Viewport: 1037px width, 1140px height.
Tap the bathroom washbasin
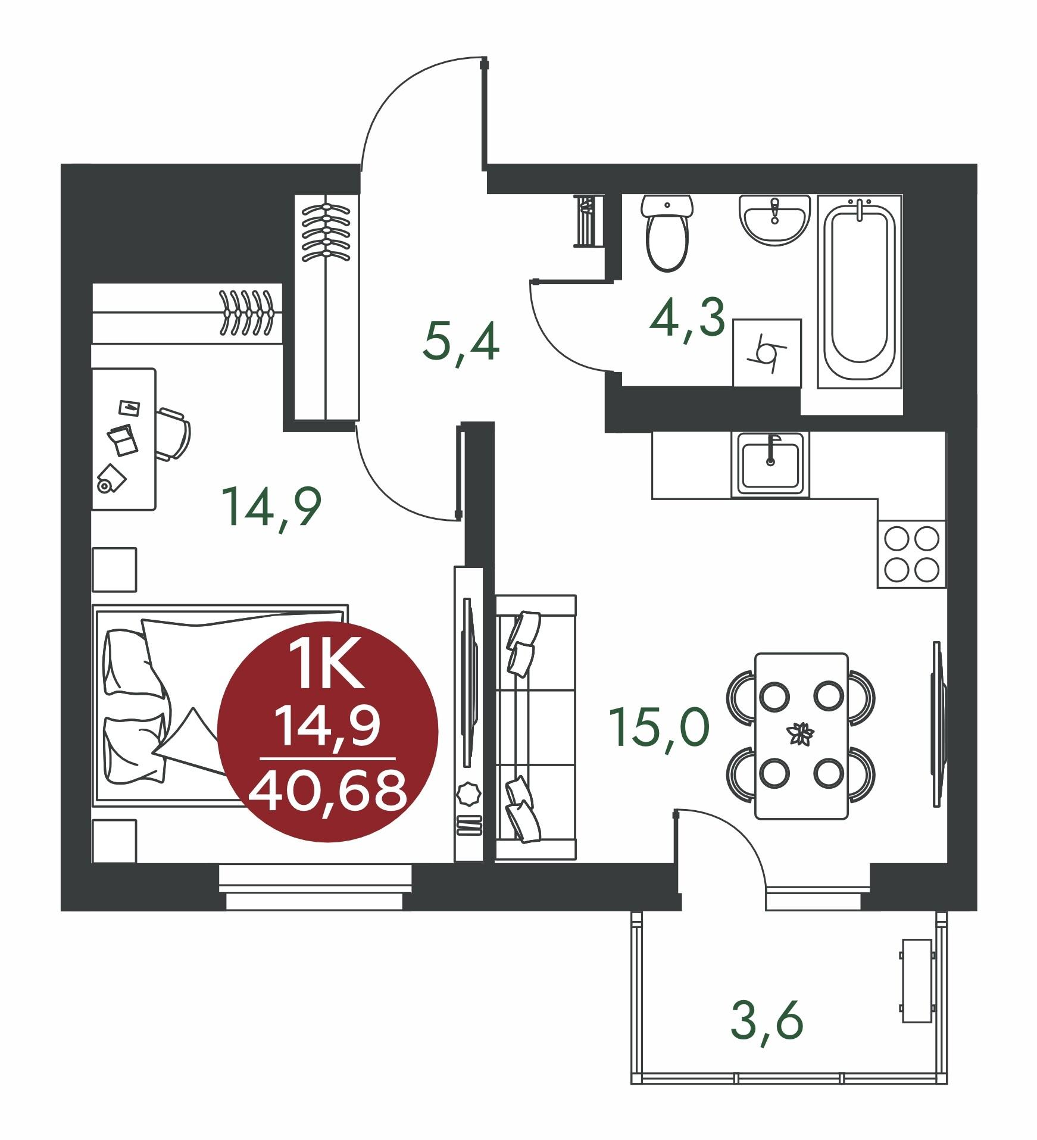[774, 220]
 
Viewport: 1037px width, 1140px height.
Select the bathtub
[860, 292]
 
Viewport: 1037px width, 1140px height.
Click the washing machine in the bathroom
[767, 352]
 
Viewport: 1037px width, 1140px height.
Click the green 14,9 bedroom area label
[271, 506]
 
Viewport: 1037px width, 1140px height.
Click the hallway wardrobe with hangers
[327, 307]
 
